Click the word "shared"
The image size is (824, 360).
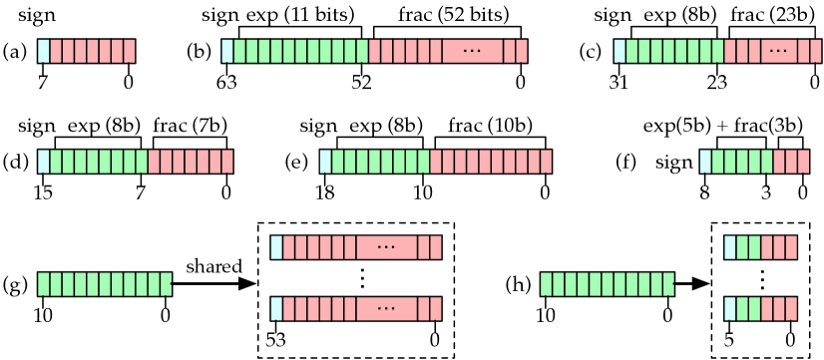213,266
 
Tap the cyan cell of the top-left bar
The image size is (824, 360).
43,51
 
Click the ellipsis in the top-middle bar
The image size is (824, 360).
472,51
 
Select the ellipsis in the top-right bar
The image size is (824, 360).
778,51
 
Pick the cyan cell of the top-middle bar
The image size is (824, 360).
227,51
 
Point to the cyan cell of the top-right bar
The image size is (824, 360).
619,51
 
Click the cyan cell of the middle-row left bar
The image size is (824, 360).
43,162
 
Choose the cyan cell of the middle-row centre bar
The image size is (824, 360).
325,162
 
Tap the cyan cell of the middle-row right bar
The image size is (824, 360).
705,162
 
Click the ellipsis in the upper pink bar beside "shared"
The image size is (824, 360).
386,247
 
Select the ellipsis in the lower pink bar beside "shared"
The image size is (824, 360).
386,309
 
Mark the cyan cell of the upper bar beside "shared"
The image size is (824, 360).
276,247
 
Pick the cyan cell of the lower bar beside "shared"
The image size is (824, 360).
276,309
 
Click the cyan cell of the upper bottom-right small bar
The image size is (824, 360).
730,247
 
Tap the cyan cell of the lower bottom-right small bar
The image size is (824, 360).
730,309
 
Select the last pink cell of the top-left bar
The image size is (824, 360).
129,51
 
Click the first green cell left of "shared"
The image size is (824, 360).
44,284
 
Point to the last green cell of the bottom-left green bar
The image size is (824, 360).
166,284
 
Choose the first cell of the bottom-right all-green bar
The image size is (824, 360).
547,284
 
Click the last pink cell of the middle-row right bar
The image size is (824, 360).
803,162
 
